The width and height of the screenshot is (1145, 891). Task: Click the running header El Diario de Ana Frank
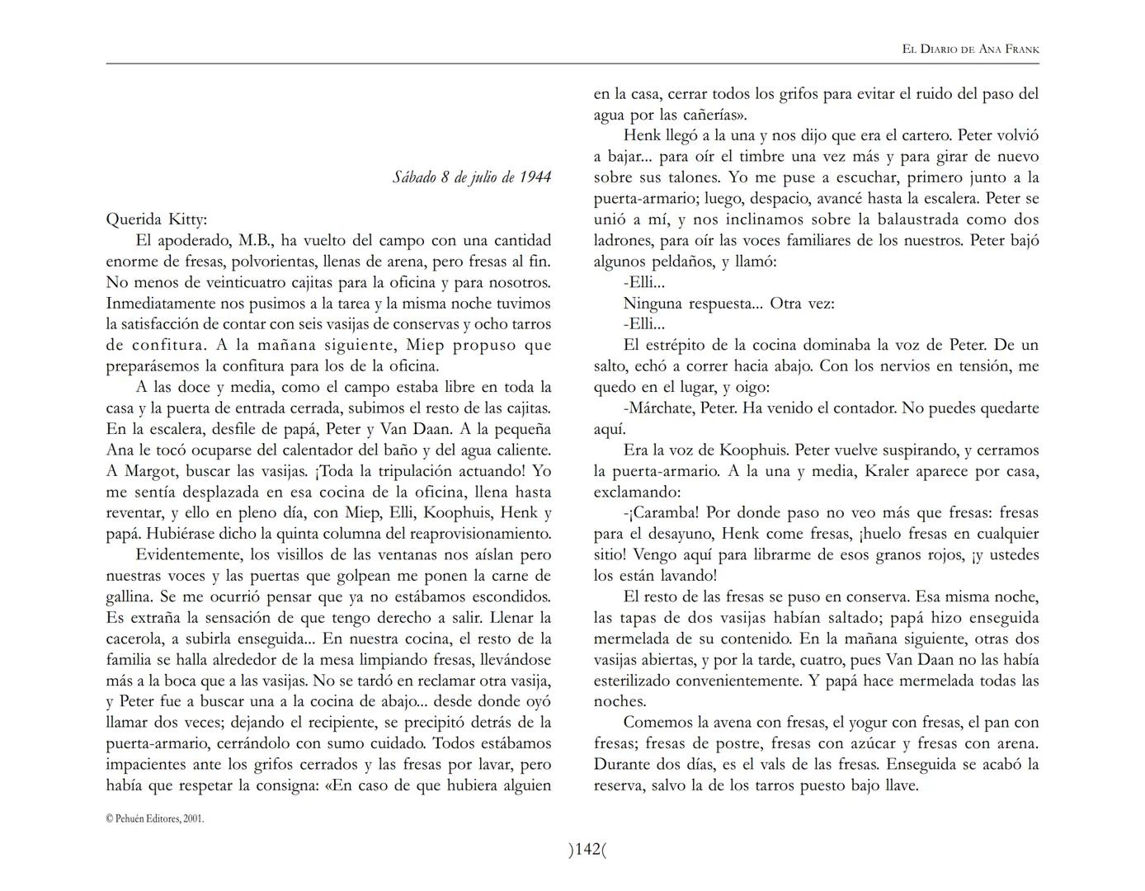click(970, 49)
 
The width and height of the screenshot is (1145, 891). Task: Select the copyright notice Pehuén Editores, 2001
click(154, 819)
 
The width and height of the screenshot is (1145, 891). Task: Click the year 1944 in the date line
click(535, 177)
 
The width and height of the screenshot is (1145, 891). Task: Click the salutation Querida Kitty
click(157, 219)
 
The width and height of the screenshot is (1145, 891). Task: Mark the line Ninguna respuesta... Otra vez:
click(728, 304)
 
